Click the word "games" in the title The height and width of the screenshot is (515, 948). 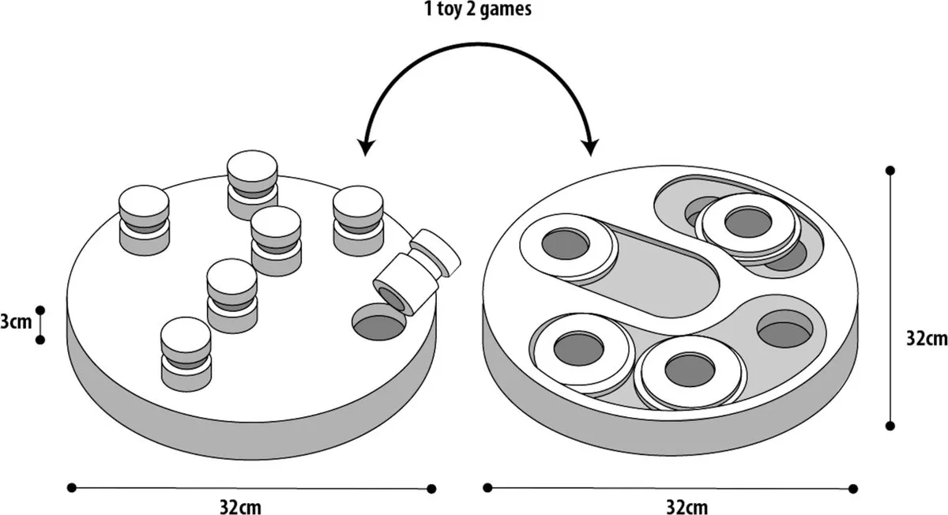pyautogui.click(x=506, y=9)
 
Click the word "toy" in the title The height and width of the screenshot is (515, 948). pyautogui.click(x=450, y=9)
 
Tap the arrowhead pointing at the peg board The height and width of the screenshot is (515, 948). pyautogui.click(x=365, y=146)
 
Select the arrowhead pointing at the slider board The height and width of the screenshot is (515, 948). pyautogui.click(x=590, y=146)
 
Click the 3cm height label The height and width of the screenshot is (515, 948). pyautogui.click(x=16, y=322)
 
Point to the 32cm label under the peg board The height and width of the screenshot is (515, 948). pyautogui.click(x=240, y=507)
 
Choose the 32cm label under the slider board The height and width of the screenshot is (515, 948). pyautogui.click(x=687, y=507)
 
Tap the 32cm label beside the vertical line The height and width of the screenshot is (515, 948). pyautogui.click(x=927, y=339)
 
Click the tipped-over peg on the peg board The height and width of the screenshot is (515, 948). pyautogui.click(x=416, y=271)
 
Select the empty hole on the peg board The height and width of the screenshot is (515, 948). pyautogui.click(x=379, y=322)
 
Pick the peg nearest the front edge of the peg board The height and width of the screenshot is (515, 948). pyautogui.click(x=186, y=355)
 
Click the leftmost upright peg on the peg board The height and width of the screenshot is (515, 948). pyautogui.click(x=145, y=220)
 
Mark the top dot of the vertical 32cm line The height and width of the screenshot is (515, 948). pyautogui.click(x=890, y=171)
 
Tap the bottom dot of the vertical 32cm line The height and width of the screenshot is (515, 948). pyautogui.click(x=890, y=426)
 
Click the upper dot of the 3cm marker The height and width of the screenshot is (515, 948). pyautogui.click(x=40, y=310)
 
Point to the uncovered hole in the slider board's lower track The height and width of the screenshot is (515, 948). pyautogui.click(x=784, y=329)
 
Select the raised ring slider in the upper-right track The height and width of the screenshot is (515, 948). pyautogui.click(x=748, y=226)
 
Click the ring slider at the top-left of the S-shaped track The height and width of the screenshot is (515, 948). pyautogui.click(x=567, y=246)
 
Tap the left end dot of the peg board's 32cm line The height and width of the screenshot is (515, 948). pyautogui.click(x=72, y=487)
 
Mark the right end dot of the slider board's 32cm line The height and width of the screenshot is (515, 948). pyautogui.click(x=853, y=489)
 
